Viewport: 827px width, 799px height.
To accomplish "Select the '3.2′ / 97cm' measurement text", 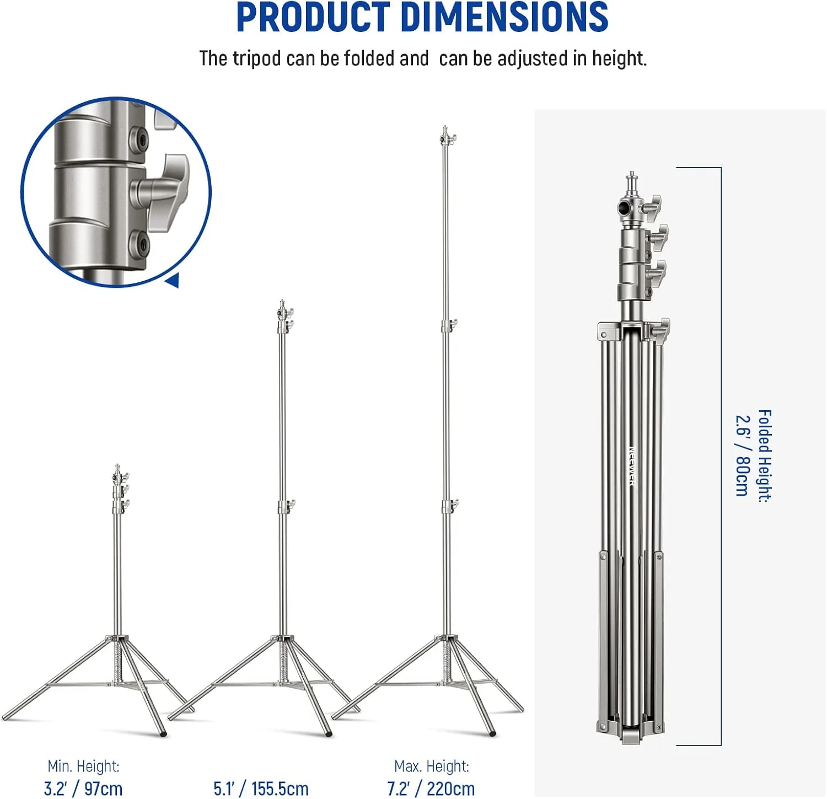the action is (x=83, y=789).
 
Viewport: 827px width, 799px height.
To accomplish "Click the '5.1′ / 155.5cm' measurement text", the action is (x=261, y=789).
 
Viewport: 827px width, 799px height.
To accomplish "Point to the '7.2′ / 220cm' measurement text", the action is (x=431, y=789).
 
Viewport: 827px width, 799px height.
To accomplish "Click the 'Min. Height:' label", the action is (x=83, y=766).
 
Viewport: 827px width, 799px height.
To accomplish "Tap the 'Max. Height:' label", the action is (x=432, y=766).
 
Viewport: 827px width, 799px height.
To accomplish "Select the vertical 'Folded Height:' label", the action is (x=764, y=455).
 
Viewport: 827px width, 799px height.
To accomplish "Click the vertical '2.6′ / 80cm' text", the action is (x=742, y=455).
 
